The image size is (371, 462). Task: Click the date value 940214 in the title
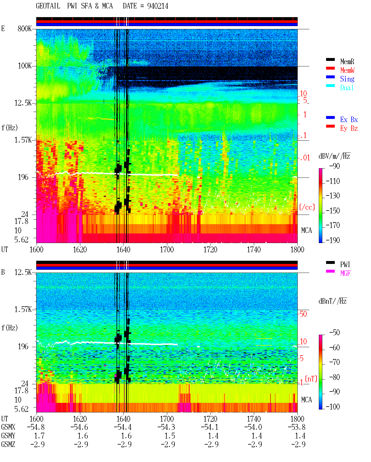pos(157,6)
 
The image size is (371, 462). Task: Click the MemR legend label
pos(347,61)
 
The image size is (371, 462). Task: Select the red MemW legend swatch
pos(330,68)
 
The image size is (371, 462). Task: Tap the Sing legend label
pos(347,79)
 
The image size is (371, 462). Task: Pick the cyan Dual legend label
pos(347,88)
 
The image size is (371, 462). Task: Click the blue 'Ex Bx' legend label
pos(349,119)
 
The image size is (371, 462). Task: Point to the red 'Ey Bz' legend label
pos(349,128)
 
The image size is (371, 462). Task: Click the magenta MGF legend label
pos(345,273)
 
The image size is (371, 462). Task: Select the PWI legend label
pos(345,264)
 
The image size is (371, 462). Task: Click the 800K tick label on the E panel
pos(24,28)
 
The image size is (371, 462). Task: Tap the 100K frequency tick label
pos(24,66)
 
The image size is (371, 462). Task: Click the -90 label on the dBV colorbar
pos(334,166)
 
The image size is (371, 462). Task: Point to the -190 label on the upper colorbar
pos(333,240)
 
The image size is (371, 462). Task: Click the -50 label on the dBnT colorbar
pos(334,333)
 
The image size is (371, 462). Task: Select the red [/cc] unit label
pos(307,207)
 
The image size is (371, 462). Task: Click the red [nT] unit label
pos(311,379)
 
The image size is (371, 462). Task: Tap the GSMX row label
pos(8,427)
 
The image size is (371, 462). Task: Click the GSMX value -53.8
pos(297,427)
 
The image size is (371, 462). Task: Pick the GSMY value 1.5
pos(170,436)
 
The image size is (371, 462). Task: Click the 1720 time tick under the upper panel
pos(210,249)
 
